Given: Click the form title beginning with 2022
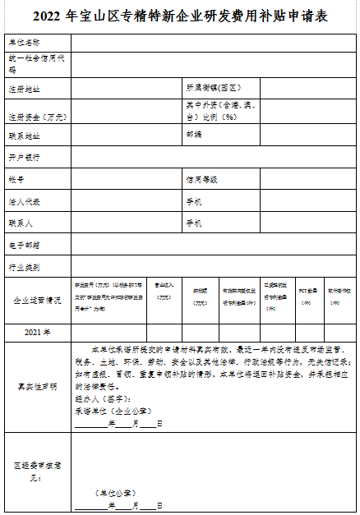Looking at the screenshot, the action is (179, 16).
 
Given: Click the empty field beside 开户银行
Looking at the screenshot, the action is (214, 156).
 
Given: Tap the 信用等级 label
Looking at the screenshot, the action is (201, 178).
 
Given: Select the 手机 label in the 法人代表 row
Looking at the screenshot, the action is (194, 200).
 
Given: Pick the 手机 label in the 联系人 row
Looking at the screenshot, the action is (194, 223).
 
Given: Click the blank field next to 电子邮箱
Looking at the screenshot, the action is (214, 245).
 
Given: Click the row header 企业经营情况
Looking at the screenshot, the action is (37, 301).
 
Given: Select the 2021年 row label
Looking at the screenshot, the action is (37, 332).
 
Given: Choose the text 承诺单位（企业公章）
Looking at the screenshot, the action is (108, 412).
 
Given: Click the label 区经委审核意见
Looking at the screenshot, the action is (36, 469).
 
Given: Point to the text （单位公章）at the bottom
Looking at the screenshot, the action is (115, 493).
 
